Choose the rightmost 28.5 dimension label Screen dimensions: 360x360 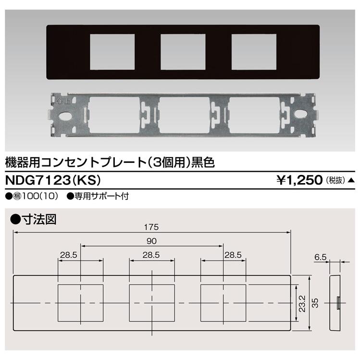[232, 255]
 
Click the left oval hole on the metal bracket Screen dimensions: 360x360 [63, 116]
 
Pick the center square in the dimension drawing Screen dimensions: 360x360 [152, 304]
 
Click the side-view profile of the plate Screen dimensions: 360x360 [335, 303]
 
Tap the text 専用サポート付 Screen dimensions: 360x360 [102, 196]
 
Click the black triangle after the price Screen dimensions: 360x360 [351, 181]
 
